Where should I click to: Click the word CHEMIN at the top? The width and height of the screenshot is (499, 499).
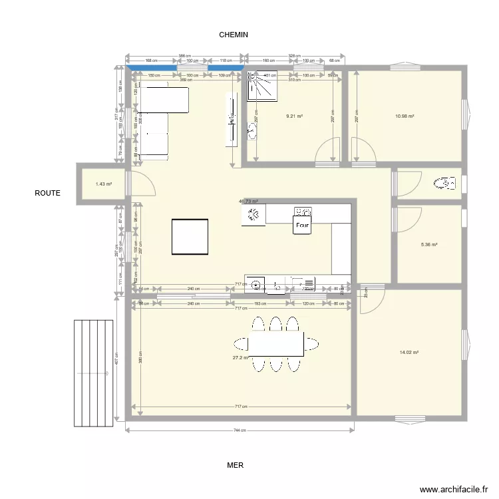tap(234, 35)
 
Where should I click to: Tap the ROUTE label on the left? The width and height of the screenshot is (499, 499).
tap(48, 193)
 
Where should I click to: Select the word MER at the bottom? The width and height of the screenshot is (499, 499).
tap(235, 466)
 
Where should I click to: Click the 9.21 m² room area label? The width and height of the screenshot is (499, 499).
tap(294, 116)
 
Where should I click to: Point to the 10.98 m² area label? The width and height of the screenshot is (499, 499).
tap(405, 116)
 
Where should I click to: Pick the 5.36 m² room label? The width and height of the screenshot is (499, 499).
tap(429, 245)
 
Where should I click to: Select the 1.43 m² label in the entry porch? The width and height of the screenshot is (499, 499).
tap(103, 184)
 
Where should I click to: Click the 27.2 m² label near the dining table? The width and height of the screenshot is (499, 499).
tap(240, 357)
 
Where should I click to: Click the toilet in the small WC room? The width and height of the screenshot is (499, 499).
tap(442, 182)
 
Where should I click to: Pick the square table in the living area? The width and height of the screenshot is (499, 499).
tap(190, 236)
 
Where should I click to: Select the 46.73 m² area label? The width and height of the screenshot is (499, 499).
tap(248, 201)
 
